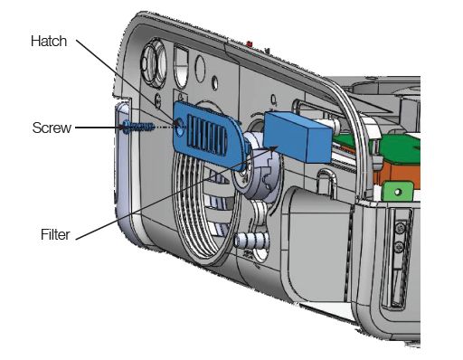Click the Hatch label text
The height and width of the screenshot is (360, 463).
[49, 41]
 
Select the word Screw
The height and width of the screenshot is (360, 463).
[52, 128]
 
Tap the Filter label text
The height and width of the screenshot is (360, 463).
[55, 234]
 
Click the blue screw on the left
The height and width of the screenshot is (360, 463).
[138, 127]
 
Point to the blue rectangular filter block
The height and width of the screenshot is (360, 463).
[298, 137]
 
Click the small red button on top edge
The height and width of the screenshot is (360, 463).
[250, 44]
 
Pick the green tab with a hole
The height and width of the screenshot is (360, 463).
[397, 192]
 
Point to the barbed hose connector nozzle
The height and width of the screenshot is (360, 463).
[250, 241]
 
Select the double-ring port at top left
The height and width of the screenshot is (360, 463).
[155, 64]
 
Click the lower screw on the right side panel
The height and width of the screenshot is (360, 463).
[400, 247]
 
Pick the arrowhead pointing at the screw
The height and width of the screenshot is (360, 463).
[124, 128]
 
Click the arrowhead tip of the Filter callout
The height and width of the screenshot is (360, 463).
[277, 147]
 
